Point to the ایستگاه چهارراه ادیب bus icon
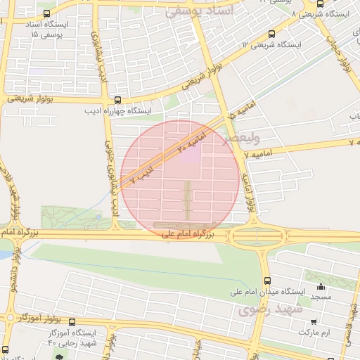pyautogui.click(x=117, y=100)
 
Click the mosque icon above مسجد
pyautogui.click(x=321, y=286)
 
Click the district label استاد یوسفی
pyautogui.click(x=193, y=12)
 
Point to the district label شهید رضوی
pyautogui.click(x=269, y=309)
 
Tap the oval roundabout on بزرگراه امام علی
pyautogui.click(x=258, y=236)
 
